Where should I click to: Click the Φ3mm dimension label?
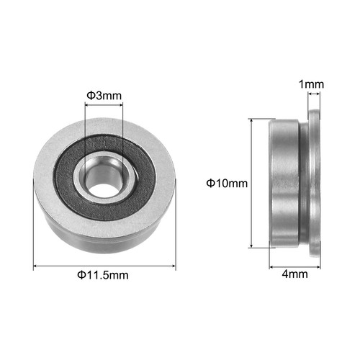click(104, 95)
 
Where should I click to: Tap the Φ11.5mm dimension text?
click(105, 276)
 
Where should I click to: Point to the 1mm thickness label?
click(311, 84)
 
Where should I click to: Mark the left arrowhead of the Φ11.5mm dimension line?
click(36, 267)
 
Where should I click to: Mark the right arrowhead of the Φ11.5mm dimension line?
click(174, 267)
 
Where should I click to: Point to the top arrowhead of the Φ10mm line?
click(252, 122)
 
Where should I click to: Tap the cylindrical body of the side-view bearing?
click(284, 184)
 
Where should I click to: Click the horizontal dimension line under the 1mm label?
click(311, 93)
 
